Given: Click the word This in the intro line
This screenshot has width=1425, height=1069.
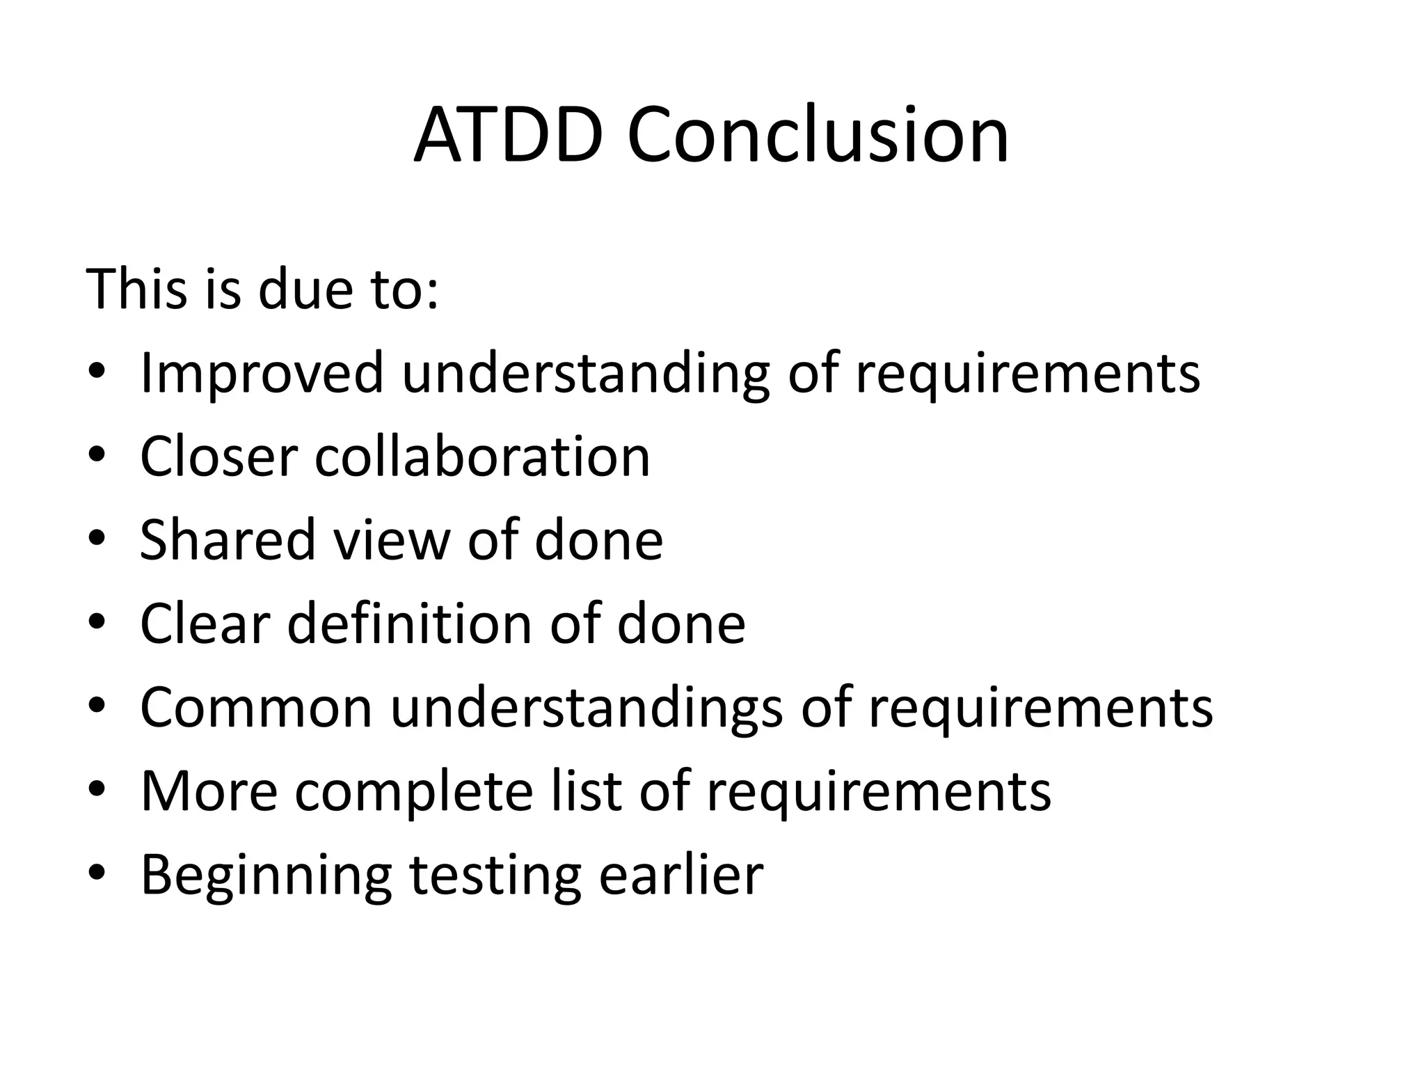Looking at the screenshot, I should [x=136, y=289].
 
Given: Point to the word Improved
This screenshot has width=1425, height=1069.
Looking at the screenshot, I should [x=262, y=373].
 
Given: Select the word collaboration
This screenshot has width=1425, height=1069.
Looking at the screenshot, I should [x=482, y=457].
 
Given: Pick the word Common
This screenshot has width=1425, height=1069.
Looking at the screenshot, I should [x=256, y=708].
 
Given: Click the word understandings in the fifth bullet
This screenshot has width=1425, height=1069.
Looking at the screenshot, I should [x=587, y=708].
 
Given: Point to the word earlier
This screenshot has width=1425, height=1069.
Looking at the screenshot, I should [x=681, y=875].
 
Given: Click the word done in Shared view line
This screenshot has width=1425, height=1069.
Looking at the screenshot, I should [x=598, y=540].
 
